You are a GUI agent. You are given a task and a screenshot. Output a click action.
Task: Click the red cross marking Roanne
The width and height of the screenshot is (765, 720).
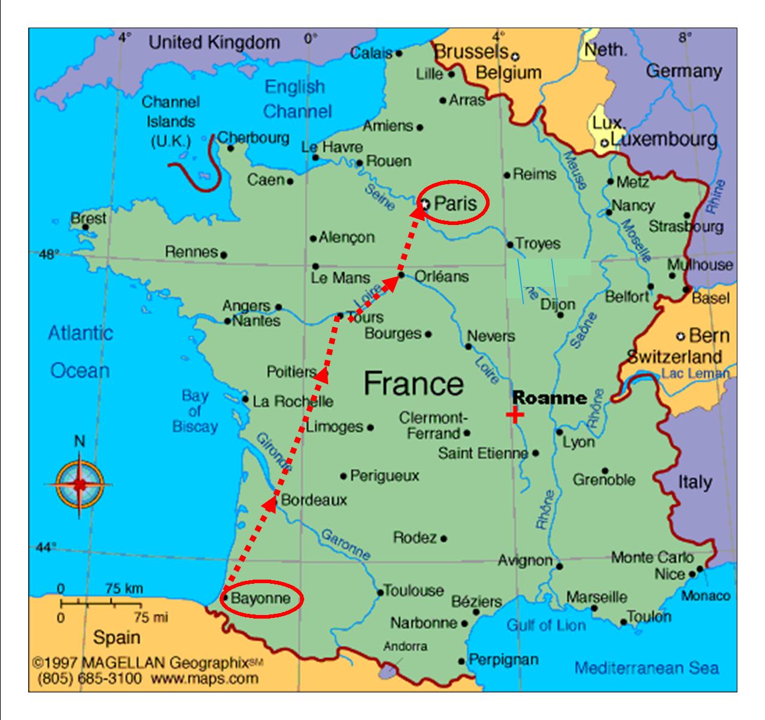coord(515,415)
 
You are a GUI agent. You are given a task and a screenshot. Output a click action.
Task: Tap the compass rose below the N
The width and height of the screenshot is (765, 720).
coord(79,484)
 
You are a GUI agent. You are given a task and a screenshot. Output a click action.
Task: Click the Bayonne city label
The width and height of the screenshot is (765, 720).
coord(260,598)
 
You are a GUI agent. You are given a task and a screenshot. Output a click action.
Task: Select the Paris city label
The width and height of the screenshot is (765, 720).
coord(455,203)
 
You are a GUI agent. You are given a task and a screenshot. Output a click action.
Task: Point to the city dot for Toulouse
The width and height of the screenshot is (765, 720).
coord(380,593)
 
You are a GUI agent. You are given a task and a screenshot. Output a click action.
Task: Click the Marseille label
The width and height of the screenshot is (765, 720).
coord(596,597)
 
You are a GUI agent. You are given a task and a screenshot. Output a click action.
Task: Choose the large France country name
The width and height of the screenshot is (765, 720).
coord(413,383)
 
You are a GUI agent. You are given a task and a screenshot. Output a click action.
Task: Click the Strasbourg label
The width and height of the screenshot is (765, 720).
coord(686,227)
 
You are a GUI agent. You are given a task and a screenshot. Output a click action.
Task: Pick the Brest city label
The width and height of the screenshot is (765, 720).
coord(88,218)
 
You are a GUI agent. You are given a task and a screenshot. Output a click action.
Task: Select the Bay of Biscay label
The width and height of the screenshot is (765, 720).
coord(195,411)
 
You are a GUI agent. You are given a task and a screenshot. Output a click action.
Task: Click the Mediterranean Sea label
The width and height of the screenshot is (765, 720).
coord(646,668)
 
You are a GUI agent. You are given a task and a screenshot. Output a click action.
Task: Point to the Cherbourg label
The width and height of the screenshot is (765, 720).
coord(253,137)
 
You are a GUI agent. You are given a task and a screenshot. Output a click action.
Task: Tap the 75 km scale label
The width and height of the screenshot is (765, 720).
coord(124,589)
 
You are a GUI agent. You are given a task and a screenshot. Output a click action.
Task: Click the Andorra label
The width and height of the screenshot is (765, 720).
coord(405,646)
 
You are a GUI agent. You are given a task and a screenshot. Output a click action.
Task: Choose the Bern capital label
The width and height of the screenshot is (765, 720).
coord(709,335)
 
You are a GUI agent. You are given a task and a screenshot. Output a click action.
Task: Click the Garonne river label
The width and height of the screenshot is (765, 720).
coord(345,543)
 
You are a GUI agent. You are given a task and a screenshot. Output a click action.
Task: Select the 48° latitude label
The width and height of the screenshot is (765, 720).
coord(48,254)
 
